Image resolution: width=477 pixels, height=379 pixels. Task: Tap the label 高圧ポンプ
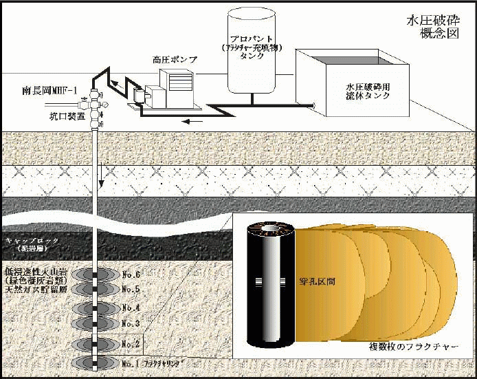[175, 60]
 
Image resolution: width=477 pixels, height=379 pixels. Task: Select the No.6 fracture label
[131, 274]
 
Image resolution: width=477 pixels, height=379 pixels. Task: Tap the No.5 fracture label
[131, 289]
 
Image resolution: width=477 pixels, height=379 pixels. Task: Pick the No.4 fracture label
[131, 307]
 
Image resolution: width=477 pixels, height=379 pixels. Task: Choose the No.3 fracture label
[131, 323]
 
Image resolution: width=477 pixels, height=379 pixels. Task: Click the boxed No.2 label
[131, 343]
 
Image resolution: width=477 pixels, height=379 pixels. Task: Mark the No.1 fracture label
[131, 362]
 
